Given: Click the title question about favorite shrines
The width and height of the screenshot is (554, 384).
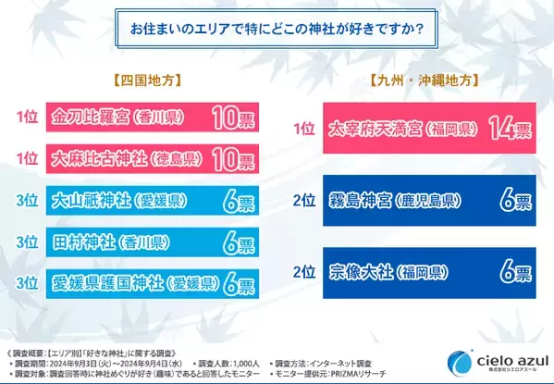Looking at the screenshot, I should [277, 28].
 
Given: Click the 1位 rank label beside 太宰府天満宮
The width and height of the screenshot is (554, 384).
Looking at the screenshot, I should [303, 129].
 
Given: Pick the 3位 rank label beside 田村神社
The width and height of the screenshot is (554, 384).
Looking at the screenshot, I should [28, 243].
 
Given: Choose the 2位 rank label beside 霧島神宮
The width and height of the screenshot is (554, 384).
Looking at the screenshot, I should [303, 199].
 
